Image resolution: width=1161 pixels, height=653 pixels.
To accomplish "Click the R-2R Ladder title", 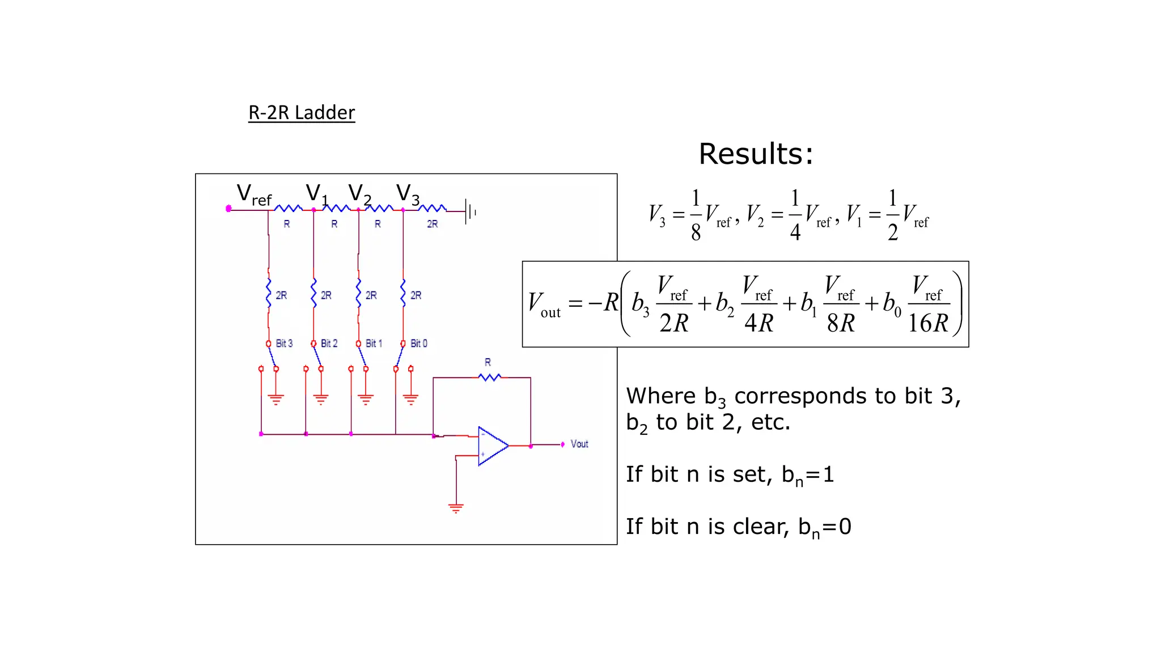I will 302,113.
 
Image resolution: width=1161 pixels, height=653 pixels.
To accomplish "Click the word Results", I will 755,154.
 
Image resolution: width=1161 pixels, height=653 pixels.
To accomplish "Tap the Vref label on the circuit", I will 253,194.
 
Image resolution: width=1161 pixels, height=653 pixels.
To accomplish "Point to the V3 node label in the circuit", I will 408,194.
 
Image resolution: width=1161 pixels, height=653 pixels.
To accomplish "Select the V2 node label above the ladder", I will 359,194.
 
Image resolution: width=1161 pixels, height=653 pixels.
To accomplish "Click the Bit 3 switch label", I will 284,344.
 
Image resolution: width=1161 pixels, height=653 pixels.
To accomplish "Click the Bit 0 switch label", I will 419,344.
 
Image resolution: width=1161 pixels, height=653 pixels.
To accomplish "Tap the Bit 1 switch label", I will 374,344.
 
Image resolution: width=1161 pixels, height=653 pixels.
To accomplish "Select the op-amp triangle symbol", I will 491,446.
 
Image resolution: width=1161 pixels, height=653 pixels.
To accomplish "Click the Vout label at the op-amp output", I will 579,444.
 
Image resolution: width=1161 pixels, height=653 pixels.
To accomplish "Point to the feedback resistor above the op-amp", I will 489,377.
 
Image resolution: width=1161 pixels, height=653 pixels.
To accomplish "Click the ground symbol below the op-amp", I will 456,507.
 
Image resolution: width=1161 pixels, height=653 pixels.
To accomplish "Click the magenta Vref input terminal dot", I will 228,209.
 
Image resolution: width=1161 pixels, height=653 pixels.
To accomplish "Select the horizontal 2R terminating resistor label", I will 433,224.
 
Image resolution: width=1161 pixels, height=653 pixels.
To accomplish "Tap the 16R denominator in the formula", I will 927,323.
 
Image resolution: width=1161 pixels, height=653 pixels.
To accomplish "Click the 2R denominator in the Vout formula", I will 673,323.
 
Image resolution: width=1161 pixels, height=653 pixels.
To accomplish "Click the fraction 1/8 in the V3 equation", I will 696,215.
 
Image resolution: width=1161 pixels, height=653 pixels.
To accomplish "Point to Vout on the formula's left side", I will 543,304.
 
